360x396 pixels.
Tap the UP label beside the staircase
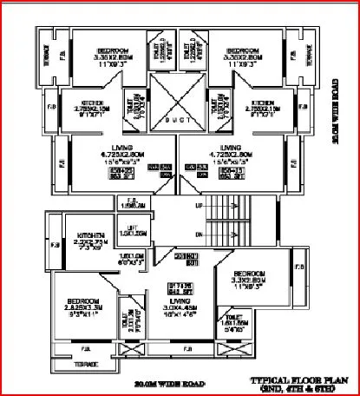[199, 206]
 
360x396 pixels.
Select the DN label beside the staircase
[200, 234]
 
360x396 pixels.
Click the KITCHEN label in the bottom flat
[90, 235]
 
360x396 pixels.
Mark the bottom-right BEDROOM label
[248, 274]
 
